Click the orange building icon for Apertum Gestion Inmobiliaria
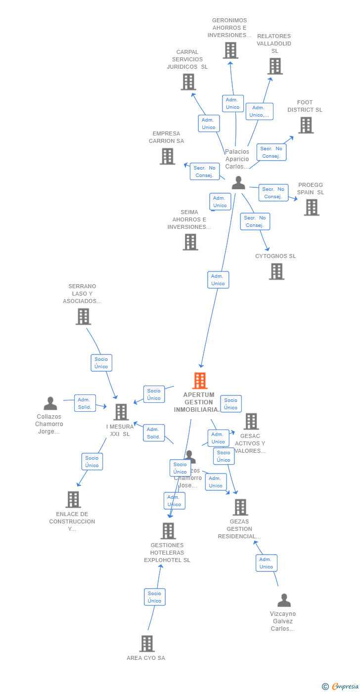(x=200, y=381)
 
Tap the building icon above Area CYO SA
(x=147, y=644)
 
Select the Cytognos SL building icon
(x=276, y=271)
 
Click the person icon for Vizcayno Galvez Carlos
(x=284, y=601)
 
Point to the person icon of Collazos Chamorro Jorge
(x=50, y=404)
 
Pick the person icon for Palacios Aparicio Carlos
(x=238, y=183)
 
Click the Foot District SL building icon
(x=306, y=125)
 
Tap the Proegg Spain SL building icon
(x=312, y=208)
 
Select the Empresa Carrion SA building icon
(x=168, y=156)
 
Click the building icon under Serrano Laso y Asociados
(x=83, y=316)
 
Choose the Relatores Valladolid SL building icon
(x=275, y=66)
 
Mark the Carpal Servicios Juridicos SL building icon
(x=188, y=82)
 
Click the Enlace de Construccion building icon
(x=73, y=500)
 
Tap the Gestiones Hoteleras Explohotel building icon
(x=168, y=531)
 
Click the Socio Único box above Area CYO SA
(x=154, y=597)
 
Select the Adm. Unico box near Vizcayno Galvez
(x=266, y=563)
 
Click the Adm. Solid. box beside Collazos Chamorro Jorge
(x=85, y=403)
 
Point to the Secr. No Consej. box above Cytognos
(x=255, y=221)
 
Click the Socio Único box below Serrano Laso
(x=101, y=363)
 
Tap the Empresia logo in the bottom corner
(x=344, y=686)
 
